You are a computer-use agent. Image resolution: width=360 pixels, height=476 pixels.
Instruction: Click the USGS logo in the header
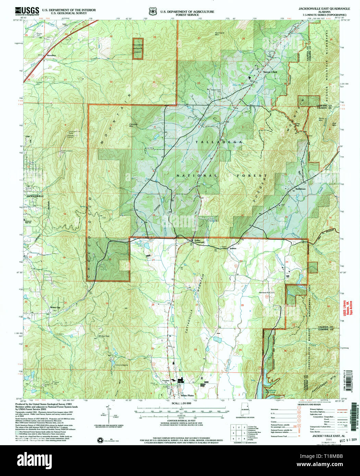click(x=27, y=11)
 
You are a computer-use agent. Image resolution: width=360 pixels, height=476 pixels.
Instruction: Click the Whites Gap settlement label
click(x=55, y=307)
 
